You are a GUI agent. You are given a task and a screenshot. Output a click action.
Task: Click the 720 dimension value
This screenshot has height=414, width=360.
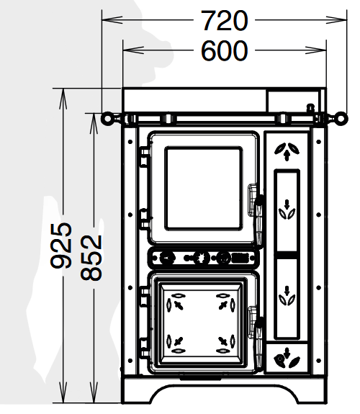[x=225, y=21]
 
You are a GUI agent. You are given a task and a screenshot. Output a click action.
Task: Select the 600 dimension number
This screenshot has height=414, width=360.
[x=225, y=50]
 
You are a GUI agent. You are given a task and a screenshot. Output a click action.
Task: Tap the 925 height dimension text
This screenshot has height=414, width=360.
[x=61, y=246]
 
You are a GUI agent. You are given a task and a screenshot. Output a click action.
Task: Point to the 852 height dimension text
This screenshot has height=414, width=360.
[x=91, y=258]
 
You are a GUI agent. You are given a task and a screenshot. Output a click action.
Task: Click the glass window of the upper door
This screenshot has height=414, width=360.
[x=204, y=189]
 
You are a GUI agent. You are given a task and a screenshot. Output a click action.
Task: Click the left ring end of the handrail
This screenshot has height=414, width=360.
[x=107, y=118]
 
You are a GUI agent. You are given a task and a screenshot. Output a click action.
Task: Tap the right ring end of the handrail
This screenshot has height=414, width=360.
[x=342, y=117]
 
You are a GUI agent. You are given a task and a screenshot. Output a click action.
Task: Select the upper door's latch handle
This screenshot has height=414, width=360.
[x=258, y=221]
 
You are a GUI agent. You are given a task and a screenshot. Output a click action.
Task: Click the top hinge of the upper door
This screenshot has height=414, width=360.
[x=145, y=157]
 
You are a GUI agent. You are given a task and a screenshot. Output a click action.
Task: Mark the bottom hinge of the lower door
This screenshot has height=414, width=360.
[x=145, y=348]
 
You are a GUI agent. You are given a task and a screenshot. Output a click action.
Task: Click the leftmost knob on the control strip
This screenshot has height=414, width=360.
[x=167, y=258]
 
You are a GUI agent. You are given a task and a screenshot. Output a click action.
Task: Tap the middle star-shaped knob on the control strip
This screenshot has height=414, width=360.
[x=202, y=258]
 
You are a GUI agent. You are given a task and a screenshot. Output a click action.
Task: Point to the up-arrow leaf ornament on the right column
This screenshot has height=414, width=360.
[x=287, y=151]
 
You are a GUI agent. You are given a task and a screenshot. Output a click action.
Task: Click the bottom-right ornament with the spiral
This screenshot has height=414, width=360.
[x=287, y=359]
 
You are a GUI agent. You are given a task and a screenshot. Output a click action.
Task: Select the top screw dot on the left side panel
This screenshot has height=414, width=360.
[x=130, y=142]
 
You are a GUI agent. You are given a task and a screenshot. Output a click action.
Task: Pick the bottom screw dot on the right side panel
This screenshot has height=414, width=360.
[x=319, y=361]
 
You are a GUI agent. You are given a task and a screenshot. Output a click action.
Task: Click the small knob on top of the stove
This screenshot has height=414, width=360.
[x=310, y=108]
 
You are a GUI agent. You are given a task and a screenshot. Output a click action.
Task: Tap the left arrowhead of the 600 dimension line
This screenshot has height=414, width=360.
[x=133, y=50]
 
